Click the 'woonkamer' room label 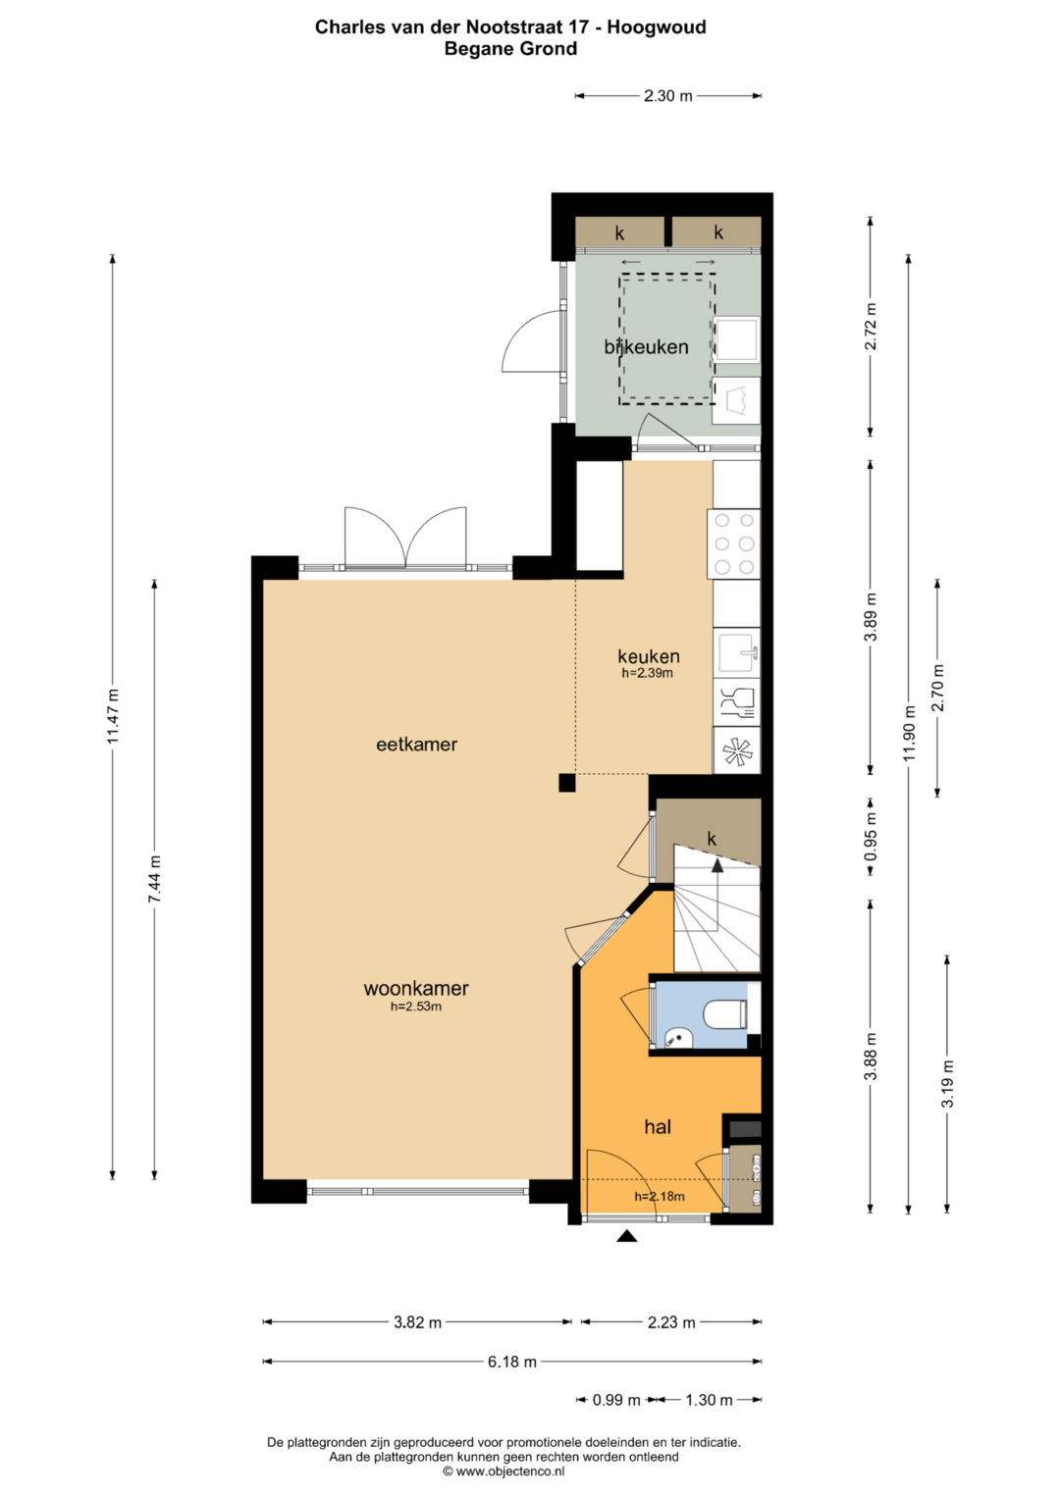point(415,988)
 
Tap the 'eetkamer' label point(416,745)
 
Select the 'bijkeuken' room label point(646,347)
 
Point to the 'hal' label point(658,1127)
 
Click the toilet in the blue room point(726,1013)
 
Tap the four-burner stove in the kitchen point(733,544)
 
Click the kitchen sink point(739,652)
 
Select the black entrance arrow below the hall point(627,1236)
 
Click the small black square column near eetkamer point(567,783)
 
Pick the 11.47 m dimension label point(113,716)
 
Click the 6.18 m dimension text point(512,1362)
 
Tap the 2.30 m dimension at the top point(667,96)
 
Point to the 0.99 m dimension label point(616,1400)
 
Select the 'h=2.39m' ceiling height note point(647,673)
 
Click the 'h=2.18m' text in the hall point(660,1197)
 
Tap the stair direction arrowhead point(716,865)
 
